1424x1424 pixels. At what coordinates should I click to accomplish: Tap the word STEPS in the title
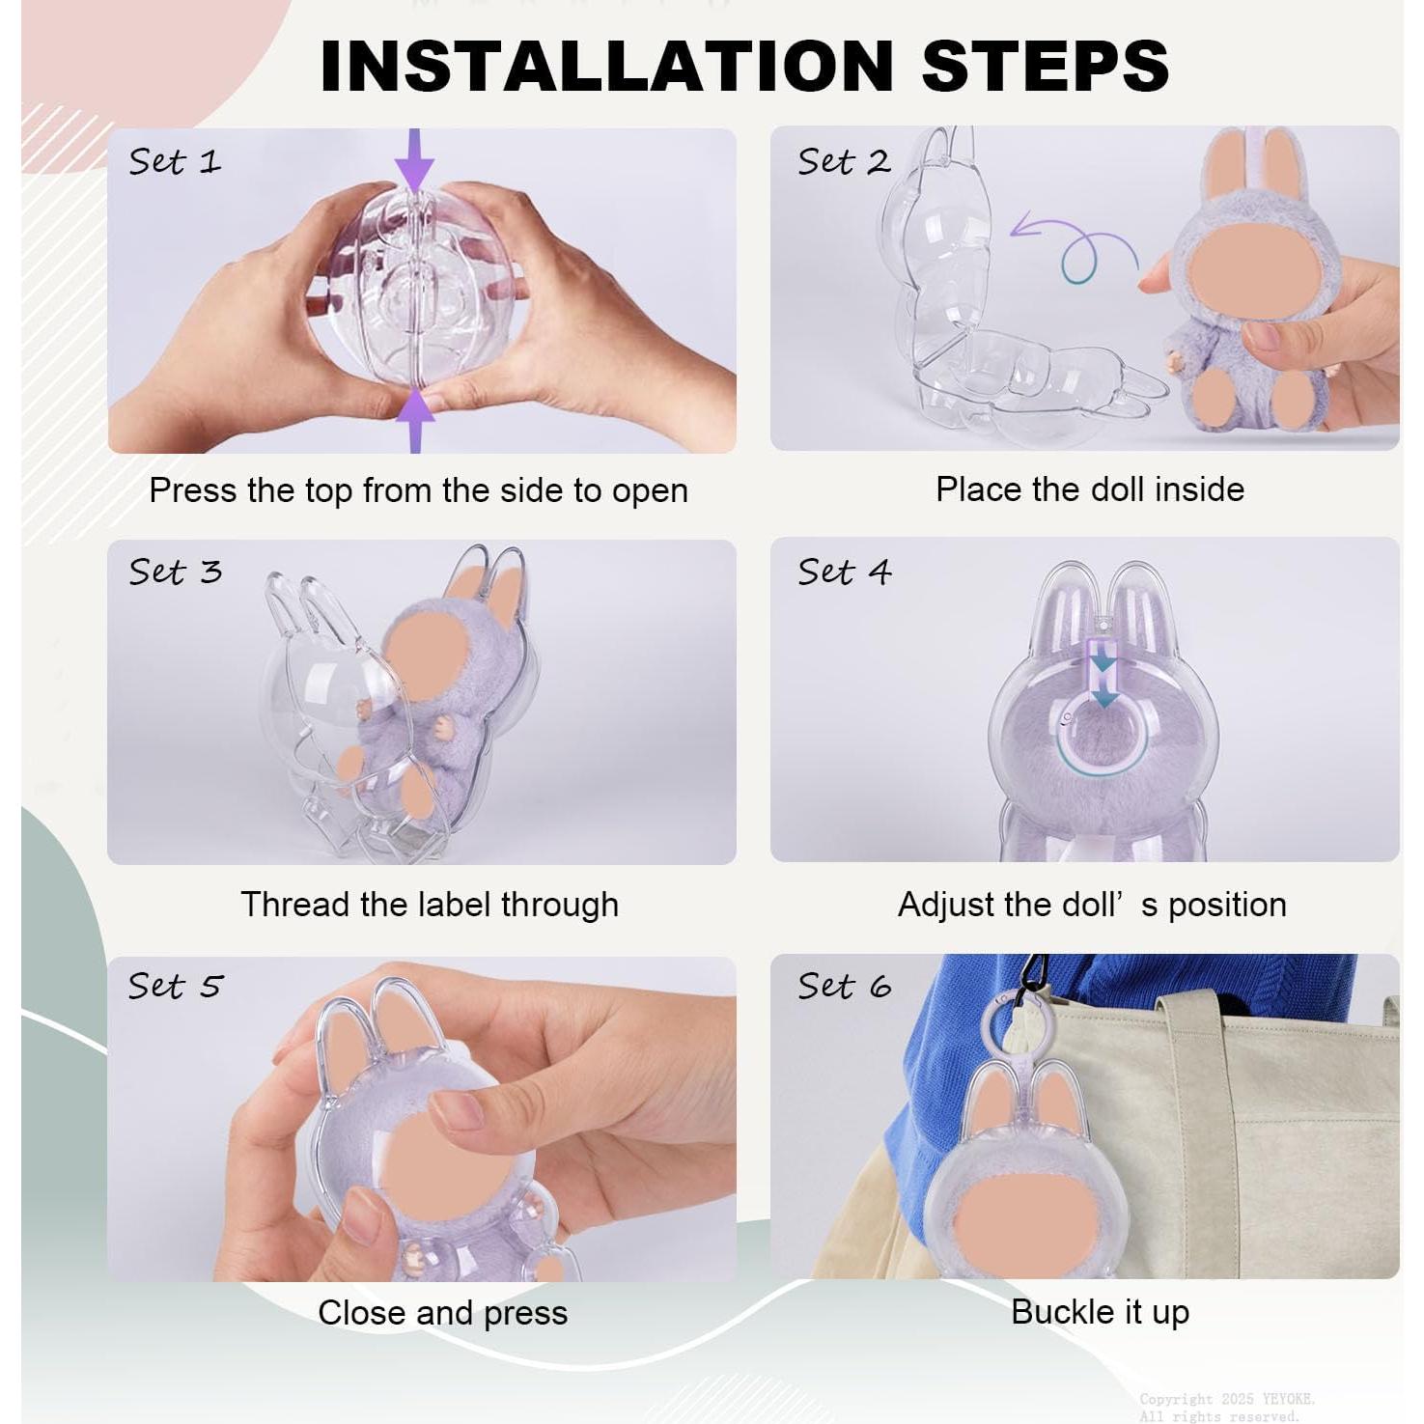click(x=1046, y=66)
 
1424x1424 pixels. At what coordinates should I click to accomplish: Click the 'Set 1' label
click(x=175, y=161)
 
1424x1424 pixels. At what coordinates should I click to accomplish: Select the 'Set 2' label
click(x=843, y=161)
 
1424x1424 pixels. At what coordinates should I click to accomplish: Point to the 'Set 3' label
click(x=175, y=572)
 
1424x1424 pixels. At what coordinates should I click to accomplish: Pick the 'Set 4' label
click(x=844, y=572)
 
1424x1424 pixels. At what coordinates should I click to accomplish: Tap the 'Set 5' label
click(x=175, y=986)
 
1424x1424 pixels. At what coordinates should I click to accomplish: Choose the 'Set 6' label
click(x=844, y=986)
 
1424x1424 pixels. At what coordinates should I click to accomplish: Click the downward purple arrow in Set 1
click(x=414, y=160)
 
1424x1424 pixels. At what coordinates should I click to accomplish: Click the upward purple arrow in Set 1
click(x=415, y=420)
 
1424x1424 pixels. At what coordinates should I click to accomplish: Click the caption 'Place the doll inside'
click(x=1090, y=489)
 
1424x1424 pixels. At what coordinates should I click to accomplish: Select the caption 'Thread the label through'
click(x=430, y=905)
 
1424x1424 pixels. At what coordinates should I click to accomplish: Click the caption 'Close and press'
click(x=443, y=1313)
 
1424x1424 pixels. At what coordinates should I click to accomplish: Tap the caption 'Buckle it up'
click(x=1101, y=1312)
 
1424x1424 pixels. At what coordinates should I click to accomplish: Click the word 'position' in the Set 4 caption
click(x=1227, y=906)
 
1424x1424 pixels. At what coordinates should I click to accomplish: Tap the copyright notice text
click(x=1226, y=1407)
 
